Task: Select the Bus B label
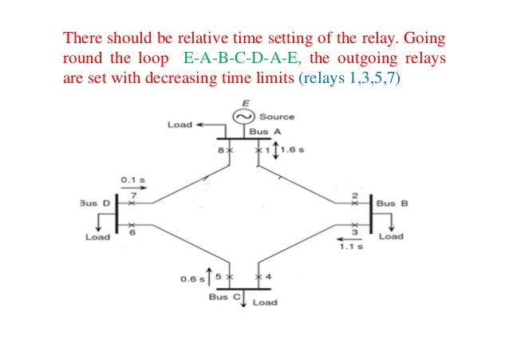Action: pyautogui.click(x=393, y=204)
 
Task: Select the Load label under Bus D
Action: pyautogui.click(x=97, y=236)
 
